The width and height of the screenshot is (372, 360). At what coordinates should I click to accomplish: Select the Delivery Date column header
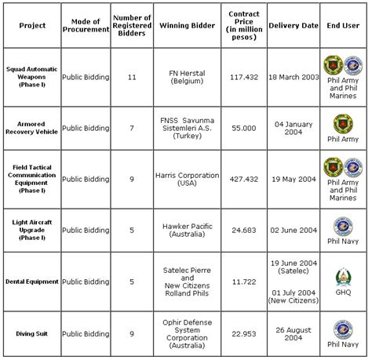tap(294, 25)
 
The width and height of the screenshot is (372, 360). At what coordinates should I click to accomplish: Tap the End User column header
tap(344, 25)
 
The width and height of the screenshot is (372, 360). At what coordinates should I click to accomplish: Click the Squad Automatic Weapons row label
tap(31, 77)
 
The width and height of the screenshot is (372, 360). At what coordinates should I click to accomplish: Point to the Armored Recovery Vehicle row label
tap(31, 127)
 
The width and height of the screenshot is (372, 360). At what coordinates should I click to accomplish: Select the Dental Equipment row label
tap(31, 281)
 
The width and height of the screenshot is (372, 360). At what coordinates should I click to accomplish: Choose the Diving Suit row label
tap(31, 333)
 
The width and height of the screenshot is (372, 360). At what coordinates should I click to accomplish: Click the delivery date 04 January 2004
tap(294, 127)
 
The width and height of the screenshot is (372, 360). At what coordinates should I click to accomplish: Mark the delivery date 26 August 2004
tap(294, 333)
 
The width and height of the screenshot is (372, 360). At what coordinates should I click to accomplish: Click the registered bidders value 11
tap(131, 77)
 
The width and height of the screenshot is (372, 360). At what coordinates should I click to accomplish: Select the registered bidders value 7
tap(131, 127)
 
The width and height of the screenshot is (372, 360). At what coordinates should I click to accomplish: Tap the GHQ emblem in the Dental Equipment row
tap(344, 274)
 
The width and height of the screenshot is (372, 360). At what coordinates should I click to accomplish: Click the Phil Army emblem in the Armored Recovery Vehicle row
tap(344, 122)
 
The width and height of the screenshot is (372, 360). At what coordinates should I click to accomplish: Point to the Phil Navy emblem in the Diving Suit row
tap(344, 328)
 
